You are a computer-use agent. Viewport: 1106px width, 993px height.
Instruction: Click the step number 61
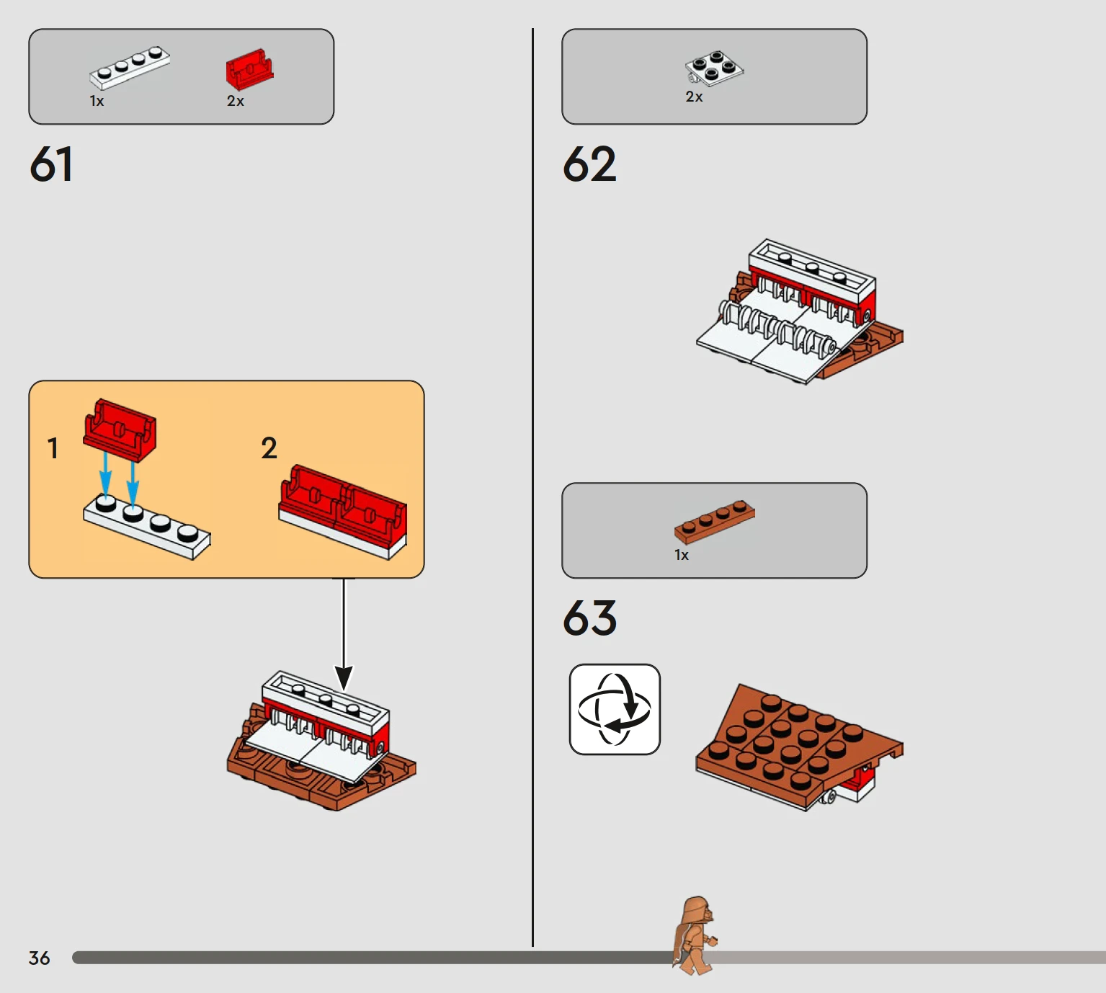(50, 164)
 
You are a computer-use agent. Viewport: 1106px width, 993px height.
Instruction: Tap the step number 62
(589, 164)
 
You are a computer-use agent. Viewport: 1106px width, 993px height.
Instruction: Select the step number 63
(589, 618)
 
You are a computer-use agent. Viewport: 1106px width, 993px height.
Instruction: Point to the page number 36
(40, 958)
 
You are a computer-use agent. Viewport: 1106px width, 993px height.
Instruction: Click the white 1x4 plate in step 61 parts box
(130, 68)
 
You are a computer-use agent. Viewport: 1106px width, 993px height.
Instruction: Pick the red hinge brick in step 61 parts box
(250, 69)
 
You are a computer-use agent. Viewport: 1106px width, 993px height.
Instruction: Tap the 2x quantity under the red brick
(236, 101)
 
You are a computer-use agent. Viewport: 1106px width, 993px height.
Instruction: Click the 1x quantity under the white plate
(97, 101)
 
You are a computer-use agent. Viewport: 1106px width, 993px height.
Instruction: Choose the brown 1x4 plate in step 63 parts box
(715, 522)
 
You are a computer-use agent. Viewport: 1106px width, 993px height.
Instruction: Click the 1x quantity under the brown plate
(682, 555)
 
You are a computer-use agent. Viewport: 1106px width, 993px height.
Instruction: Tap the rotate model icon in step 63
(615, 709)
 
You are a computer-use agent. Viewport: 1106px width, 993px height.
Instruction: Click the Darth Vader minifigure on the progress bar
(695, 935)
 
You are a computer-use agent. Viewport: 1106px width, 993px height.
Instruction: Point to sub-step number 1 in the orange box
(53, 448)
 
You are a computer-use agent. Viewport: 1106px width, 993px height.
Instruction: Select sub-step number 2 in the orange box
(269, 448)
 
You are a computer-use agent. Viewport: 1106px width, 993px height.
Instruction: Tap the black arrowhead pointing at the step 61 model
(344, 678)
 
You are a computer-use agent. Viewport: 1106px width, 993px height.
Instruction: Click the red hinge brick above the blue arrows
(120, 431)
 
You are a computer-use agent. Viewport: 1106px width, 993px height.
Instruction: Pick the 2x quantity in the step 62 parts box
(694, 97)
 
